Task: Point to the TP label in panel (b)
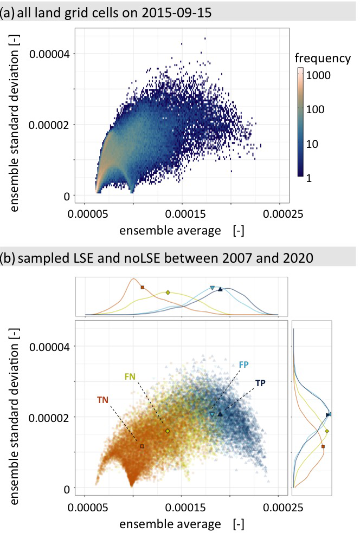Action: (261, 383)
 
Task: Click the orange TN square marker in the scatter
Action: (142, 446)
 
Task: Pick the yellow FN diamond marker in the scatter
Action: (168, 431)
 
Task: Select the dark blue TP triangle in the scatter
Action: (220, 414)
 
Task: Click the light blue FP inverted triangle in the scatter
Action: (211, 414)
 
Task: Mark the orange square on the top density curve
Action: (142, 288)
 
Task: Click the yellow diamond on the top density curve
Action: (168, 292)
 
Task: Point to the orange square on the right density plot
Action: (323, 446)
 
